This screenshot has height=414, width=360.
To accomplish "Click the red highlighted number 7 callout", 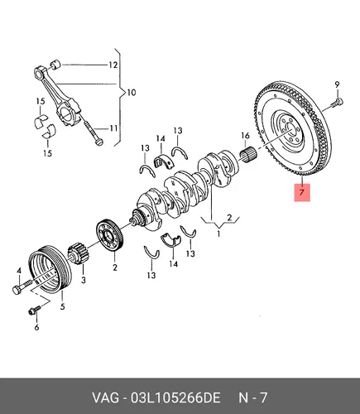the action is (x=302, y=192).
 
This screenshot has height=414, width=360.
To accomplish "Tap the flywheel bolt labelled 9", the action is (x=337, y=103).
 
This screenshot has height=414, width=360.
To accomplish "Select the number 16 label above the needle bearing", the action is (x=245, y=136).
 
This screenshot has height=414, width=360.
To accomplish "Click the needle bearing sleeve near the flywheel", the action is (x=247, y=155).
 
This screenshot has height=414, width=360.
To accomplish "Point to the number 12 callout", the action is (x=113, y=65).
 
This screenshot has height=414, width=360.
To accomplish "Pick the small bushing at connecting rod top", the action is (x=55, y=65).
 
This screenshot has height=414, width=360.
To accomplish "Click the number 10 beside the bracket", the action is (x=132, y=92).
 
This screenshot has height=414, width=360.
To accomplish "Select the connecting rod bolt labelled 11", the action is (x=93, y=132).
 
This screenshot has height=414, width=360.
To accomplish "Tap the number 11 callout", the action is (x=113, y=128).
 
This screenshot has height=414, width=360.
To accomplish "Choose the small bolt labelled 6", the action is (x=35, y=310).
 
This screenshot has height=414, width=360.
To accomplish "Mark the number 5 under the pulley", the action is (x=63, y=306).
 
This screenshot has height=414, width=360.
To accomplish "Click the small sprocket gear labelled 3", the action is (x=76, y=253).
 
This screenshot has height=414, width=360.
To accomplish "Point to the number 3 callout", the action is (x=84, y=280).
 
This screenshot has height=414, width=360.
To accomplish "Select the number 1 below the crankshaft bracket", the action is (x=218, y=233).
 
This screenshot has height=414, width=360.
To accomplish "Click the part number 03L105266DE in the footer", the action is (x=175, y=398).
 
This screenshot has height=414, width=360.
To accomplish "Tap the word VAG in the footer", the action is (x=106, y=398).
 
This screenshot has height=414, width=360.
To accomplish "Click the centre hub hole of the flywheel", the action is (x=290, y=128).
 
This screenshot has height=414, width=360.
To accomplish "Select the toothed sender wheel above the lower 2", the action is (x=110, y=235).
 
